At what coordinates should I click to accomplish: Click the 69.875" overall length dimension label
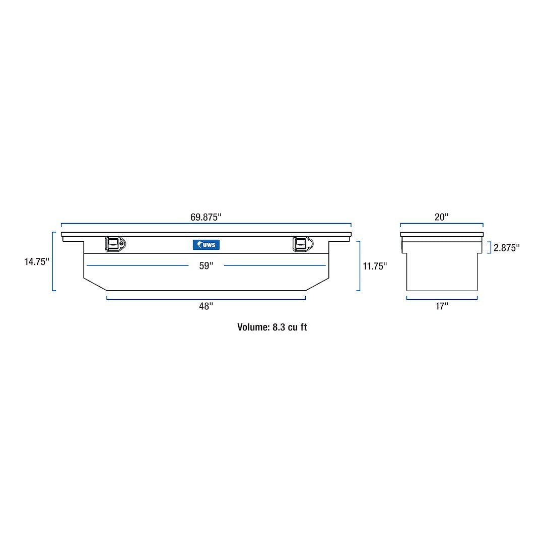(206, 217)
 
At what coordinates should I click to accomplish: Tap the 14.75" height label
(37, 262)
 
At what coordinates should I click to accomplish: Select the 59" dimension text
(206, 266)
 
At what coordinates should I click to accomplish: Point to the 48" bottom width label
(206, 306)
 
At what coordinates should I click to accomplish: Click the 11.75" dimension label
(375, 266)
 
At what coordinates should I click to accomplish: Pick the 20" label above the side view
(441, 217)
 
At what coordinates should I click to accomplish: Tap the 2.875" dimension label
(506, 248)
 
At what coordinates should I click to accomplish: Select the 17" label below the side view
(442, 306)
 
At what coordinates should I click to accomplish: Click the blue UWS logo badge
(206, 245)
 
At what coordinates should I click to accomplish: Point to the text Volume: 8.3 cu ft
(272, 327)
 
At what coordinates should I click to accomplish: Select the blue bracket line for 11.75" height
(359, 266)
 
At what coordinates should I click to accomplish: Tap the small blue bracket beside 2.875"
(490, 247)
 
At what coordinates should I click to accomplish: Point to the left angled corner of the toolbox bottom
(95, 284)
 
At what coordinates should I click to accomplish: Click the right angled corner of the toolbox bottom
(317, 284)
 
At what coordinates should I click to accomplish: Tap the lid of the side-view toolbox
(442, 234)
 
